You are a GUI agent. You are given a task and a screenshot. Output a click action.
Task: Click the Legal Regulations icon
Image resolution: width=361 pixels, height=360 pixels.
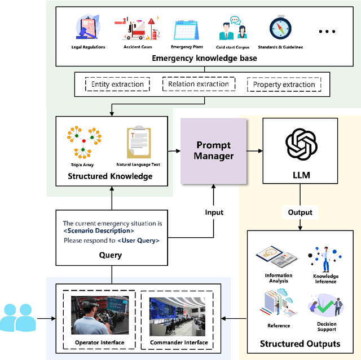coord(88,28)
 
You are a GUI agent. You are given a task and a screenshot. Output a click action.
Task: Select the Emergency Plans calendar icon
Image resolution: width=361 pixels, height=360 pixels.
coord(187,29)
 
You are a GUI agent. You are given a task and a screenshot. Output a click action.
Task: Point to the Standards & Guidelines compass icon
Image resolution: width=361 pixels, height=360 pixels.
coord(280,29)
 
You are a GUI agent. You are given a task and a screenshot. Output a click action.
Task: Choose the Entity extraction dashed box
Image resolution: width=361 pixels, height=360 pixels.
coord(117,85)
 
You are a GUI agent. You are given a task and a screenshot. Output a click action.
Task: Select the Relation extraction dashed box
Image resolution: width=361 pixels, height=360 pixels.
coord(199,84)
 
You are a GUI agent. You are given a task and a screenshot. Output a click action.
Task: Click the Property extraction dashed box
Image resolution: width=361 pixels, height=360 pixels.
coord(284,85)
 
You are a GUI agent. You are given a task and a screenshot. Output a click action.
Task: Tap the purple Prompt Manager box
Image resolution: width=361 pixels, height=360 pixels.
coord(214,150)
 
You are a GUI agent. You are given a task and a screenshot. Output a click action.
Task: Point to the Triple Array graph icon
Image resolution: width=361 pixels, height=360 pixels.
coord(83,141)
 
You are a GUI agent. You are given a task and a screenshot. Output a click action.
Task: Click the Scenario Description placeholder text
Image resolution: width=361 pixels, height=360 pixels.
coord(99,230)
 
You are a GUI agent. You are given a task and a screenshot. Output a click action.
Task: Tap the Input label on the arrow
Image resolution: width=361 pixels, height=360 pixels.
coord(214,212)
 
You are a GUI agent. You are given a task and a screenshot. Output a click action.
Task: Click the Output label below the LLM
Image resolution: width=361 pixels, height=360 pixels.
coord(300,212)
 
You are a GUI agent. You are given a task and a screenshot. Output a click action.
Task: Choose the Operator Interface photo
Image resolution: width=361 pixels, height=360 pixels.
coord(99,316)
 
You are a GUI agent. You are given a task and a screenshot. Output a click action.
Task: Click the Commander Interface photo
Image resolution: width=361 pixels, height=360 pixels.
coord(178,316)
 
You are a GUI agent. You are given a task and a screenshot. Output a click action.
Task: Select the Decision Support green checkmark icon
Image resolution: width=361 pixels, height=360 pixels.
coord(325,305)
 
